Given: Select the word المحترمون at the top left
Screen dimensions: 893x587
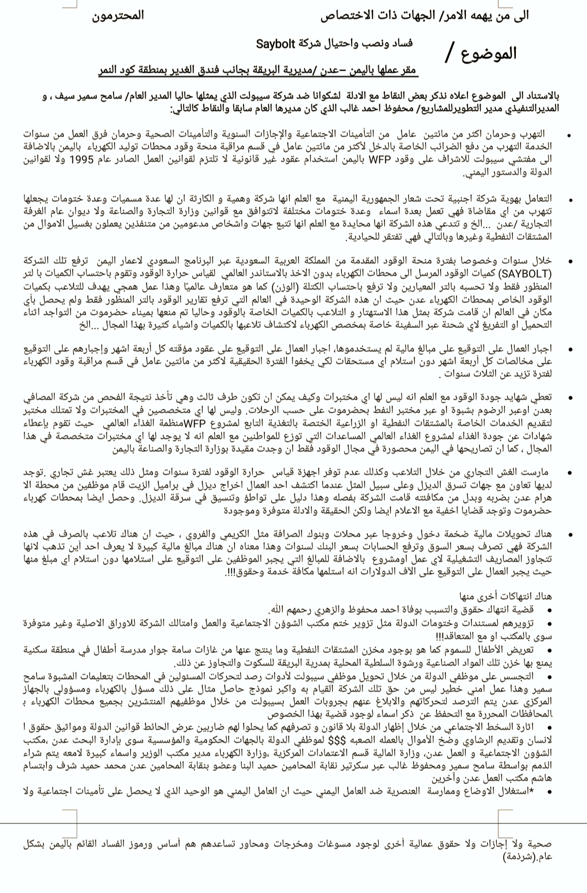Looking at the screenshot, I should [118, 15].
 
